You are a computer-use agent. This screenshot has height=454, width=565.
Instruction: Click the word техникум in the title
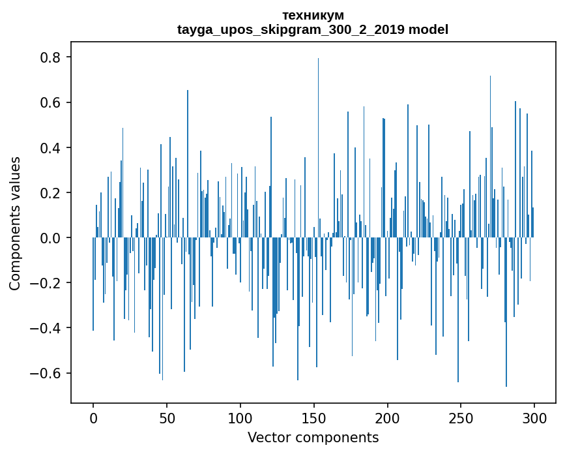[313, 15]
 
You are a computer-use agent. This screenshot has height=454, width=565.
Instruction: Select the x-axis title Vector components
[313, 437]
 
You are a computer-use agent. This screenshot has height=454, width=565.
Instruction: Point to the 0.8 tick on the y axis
[51, 57]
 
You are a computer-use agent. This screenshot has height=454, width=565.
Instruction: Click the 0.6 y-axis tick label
[51, 102]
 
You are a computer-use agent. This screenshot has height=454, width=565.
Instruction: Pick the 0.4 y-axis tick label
[51, 147]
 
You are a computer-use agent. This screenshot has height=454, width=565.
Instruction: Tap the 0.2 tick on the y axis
[51, 192]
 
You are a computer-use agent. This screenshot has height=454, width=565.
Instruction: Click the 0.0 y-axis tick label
[51, 238]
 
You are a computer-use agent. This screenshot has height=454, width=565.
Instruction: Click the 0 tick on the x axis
[93, 417]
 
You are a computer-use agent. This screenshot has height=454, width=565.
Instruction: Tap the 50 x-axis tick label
[167, 417]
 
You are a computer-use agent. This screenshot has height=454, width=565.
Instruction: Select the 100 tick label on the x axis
[240, 417]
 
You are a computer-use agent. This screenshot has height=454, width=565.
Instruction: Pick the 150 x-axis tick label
[314, 417]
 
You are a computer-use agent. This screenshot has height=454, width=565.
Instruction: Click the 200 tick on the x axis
[388, 417]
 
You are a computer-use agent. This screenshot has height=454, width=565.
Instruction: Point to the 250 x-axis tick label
[461, 417]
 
